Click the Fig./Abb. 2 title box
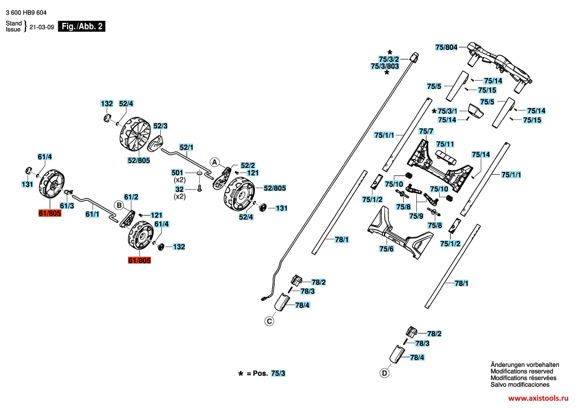(x=82, y=26)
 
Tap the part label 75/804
(x=446, y=47)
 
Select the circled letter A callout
(x=214, y=162)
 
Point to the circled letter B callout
(x=119, y=205)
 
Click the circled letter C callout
(x=270, y=321)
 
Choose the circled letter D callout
(x=384, y=373)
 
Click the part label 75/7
(x=426, y=131)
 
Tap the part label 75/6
(x=387, y=249)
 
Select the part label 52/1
(x=186, y=148)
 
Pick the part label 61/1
(x=92, y=214)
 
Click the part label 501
(x=177, y=173)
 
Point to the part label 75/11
(x=445, y=144)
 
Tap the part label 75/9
(x=416, y=216)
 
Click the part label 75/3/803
(x=384, y=66)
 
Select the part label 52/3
(x=160, y=126)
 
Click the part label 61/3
(x=67, y=206)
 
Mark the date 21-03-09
(x=42, y=27)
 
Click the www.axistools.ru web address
(x=538, y=398)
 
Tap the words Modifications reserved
(x=522, y=371)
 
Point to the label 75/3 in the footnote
(x=278, y=373)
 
